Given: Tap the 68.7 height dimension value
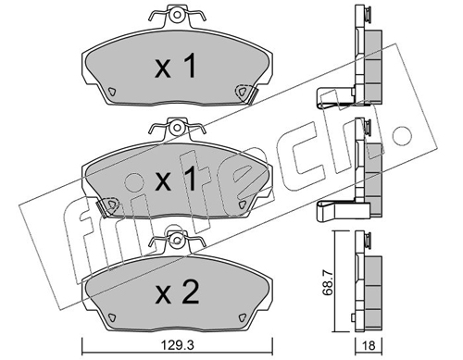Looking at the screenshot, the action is pos(329,281).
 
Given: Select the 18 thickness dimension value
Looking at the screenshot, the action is pos(369,346).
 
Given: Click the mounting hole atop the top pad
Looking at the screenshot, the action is pos(177,15).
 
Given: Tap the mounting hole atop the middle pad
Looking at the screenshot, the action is pos(177,128).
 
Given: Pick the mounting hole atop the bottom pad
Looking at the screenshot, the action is pos(176,240).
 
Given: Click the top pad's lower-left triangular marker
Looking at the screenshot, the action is pos(111,92).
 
